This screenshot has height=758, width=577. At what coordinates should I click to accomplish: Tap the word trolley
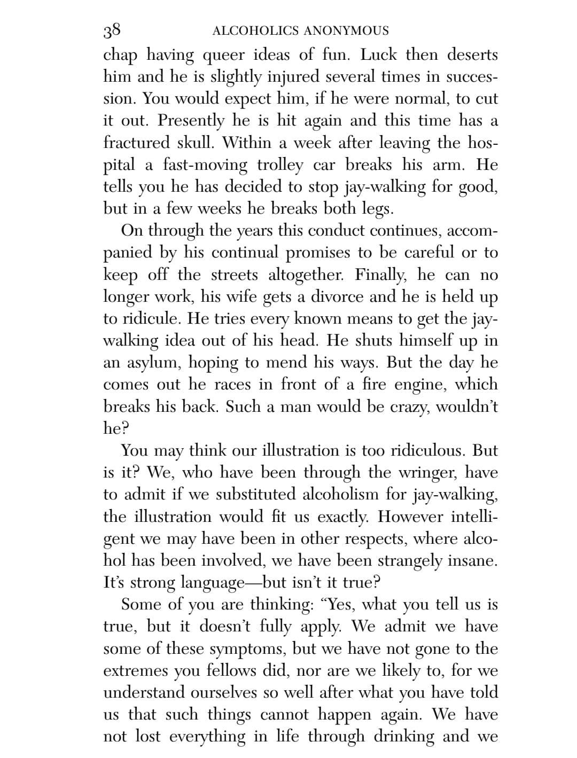point(279,165)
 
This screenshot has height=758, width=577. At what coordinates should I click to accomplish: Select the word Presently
point(191,121)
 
